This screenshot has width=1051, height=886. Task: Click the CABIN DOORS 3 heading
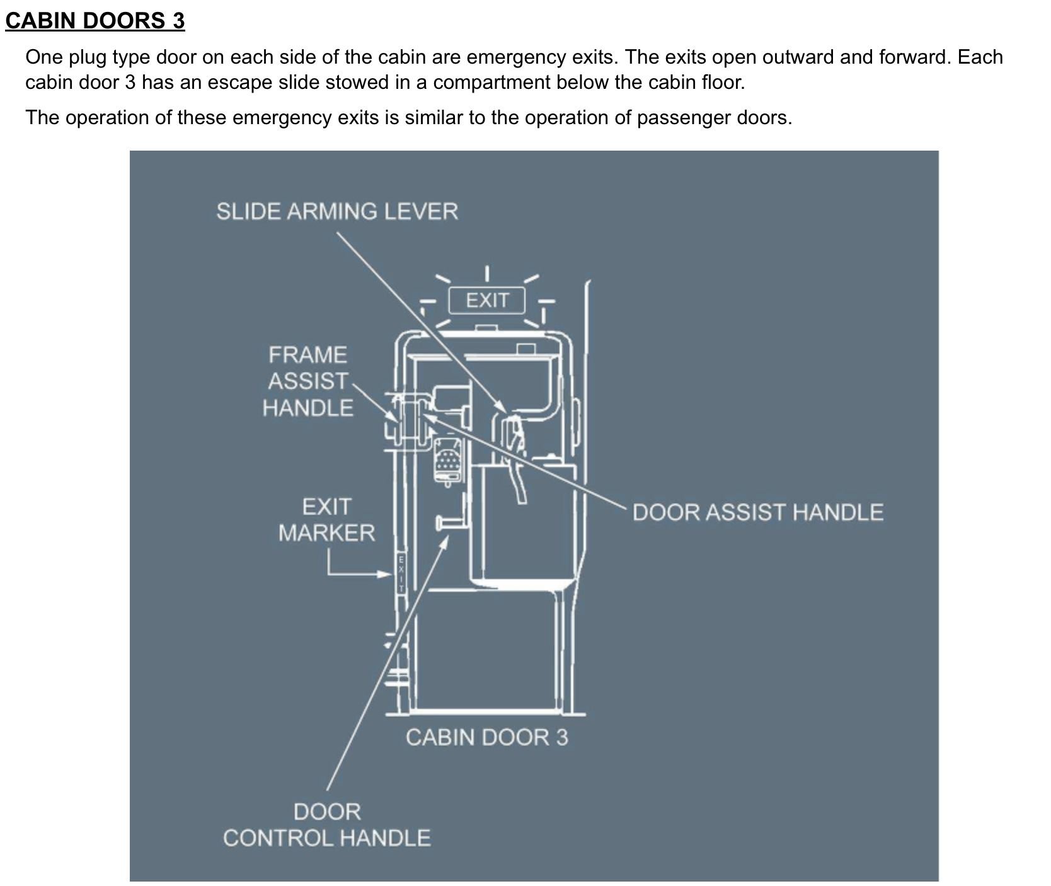click(95, 20)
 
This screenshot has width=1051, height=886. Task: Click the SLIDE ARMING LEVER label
click(336, 211)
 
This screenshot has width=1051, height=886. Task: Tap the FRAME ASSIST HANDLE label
click(307, 381)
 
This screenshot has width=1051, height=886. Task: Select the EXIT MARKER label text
click(326, 520)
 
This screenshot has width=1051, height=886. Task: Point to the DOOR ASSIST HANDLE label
click(757, 512)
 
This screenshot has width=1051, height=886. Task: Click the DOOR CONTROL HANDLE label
click(326, 825)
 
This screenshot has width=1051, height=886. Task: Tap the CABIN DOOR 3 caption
click(486, 737)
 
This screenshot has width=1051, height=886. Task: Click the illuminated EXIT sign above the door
click(486, 301)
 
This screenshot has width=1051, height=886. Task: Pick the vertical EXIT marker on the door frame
click(401, 573)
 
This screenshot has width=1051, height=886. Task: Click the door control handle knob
click(440, 522)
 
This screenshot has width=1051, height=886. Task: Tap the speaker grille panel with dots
click(447, 463)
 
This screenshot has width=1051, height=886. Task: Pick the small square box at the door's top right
click(525, 348)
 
